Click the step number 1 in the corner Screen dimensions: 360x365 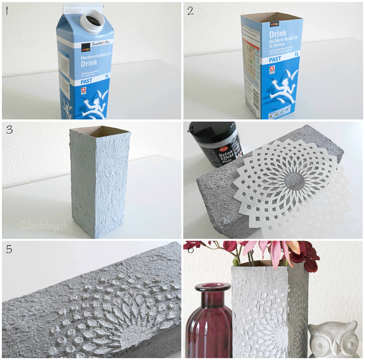(x=7, y=10)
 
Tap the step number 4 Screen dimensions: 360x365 (x=191, y=130)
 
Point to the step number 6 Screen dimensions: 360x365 (x=191, y=250)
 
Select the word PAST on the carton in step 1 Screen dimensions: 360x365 (x=86, y=81)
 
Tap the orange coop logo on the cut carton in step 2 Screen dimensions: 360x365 (x=274, y=24)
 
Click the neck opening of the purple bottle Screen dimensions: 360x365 (x=213, y=287)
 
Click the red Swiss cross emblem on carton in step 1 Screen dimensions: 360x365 (x=83, y=91)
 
